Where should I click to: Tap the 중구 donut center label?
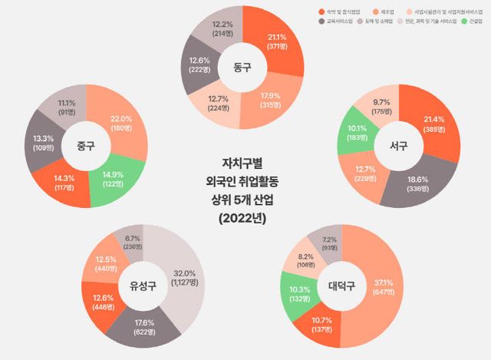86,145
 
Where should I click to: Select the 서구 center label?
400,145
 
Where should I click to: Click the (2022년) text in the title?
247,216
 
